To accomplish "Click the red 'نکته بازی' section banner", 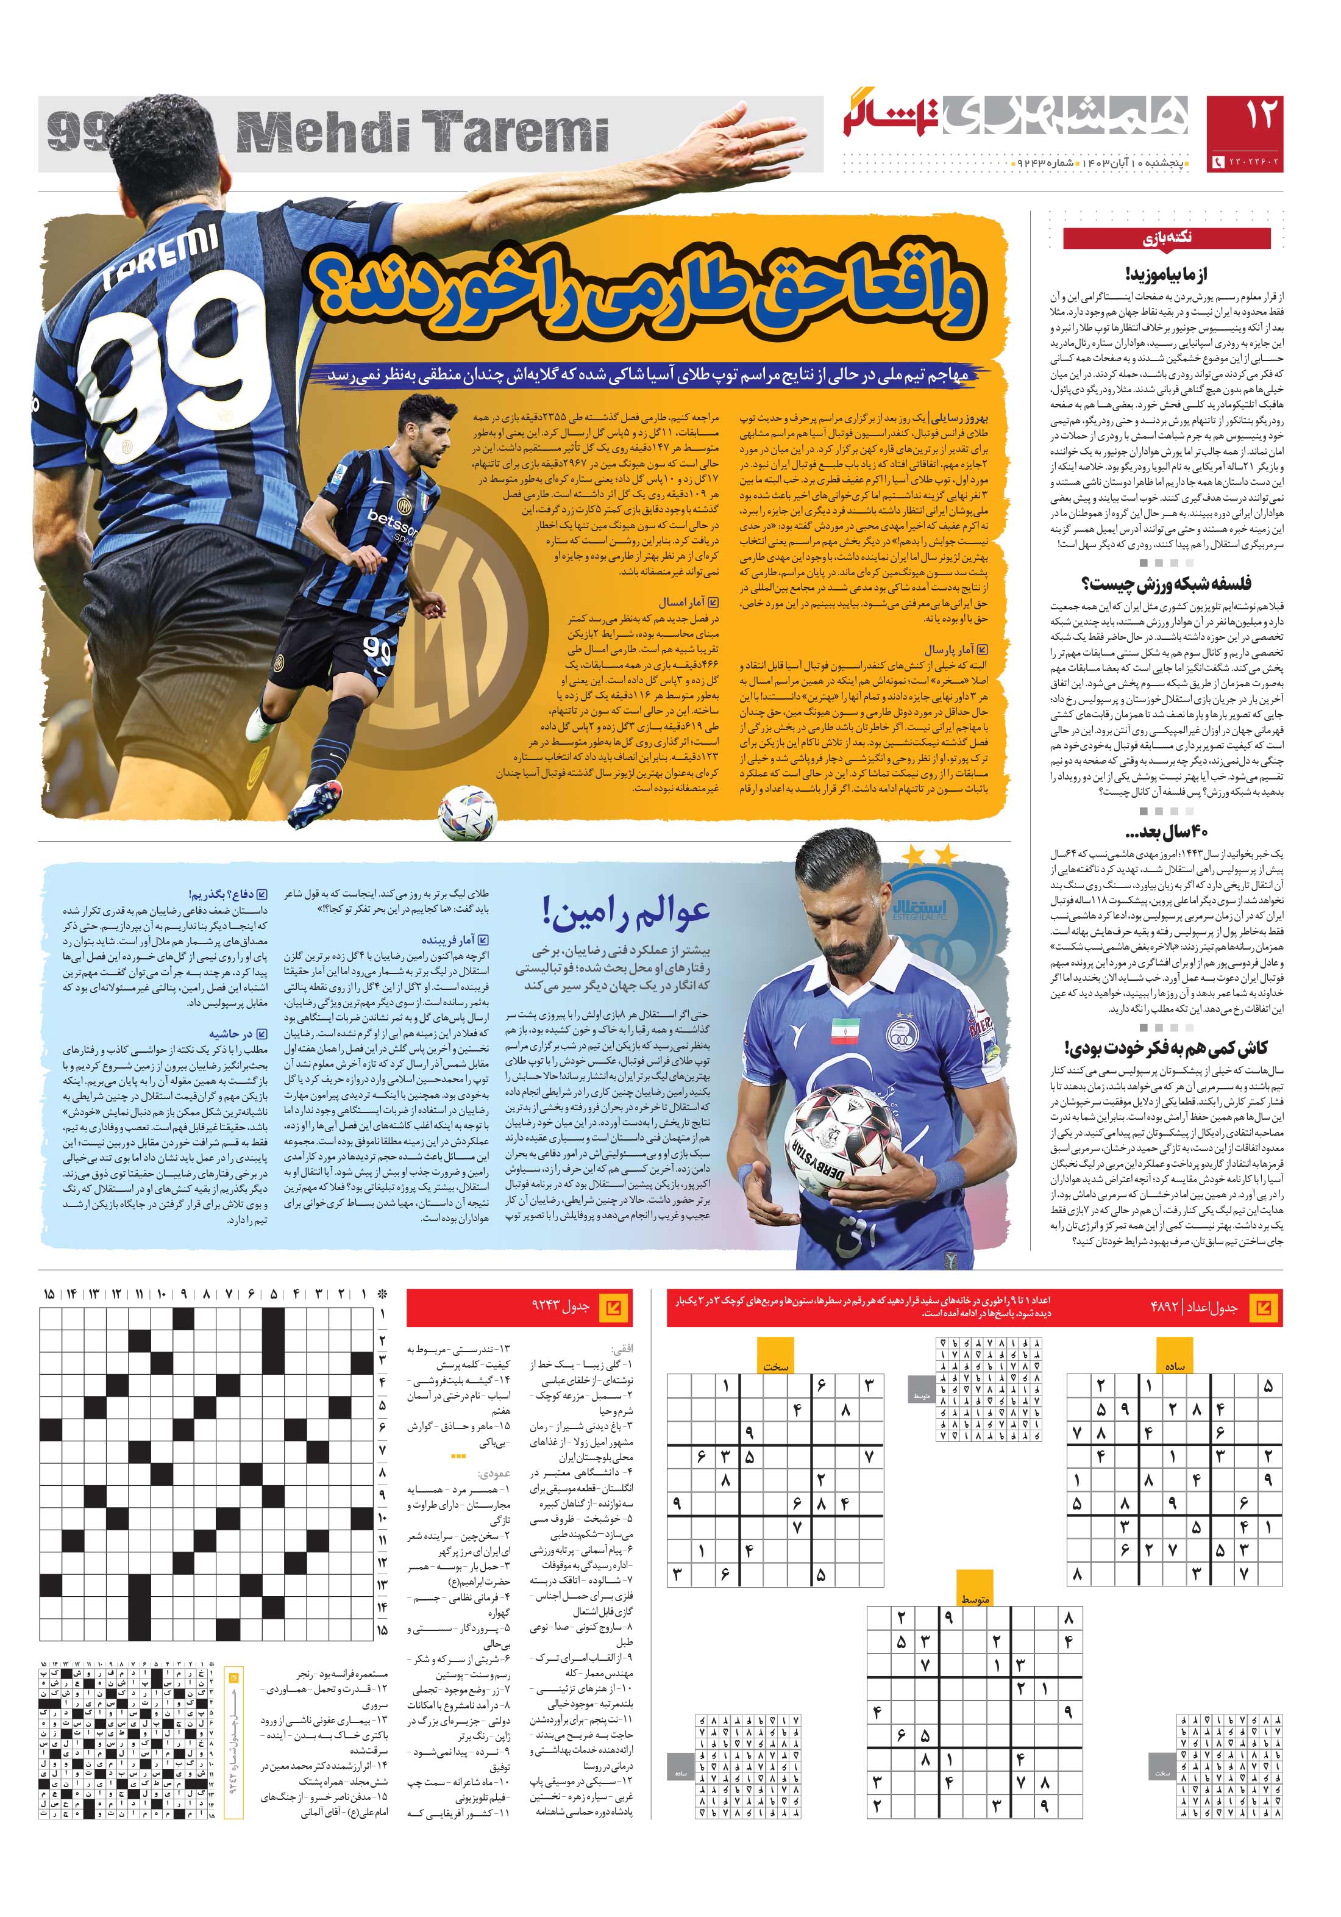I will [x=1166, y=239].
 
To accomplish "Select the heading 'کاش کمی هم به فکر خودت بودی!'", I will [x=1166, y=1048].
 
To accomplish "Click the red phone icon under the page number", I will [x=1217, y=161].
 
